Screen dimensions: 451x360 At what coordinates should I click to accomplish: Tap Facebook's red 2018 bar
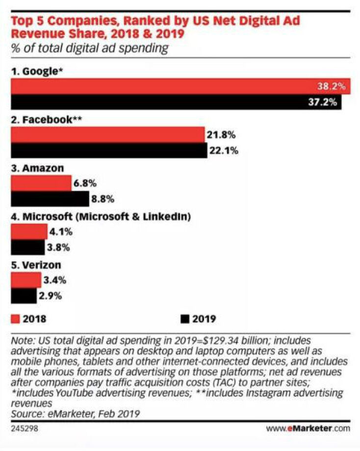[107, 134]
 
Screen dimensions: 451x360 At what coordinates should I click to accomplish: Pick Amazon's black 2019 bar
[49, 199]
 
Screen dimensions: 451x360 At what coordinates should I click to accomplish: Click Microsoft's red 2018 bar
[29, 231]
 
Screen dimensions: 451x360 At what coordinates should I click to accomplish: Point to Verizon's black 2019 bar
[23, 296]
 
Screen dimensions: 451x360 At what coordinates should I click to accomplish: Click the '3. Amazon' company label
[37, 168]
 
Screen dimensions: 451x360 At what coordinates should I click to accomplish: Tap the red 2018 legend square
[15, 318]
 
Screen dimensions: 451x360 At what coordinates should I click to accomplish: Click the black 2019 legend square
[185, 318]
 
